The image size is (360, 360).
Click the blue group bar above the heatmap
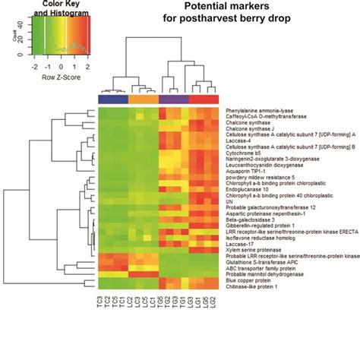[113, 99]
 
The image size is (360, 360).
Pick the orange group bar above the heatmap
[142, 99]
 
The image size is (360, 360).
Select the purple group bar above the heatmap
[172, 99]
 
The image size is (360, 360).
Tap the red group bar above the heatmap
[203, 99]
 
